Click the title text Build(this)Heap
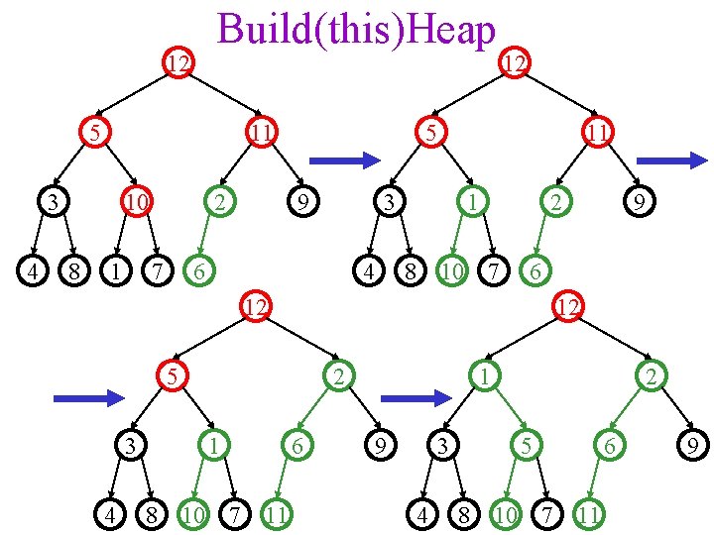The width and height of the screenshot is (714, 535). point(356,29)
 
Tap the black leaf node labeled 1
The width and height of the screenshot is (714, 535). point(116,268)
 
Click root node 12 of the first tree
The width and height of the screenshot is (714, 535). point(178,65)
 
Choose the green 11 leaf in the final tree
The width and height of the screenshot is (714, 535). point(589,513)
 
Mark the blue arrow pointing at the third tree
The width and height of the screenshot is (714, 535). point(88,398)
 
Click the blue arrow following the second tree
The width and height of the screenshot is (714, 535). point(671,160)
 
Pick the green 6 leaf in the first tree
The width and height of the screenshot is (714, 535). point(199,268)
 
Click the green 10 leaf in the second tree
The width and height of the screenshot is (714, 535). point(452,268)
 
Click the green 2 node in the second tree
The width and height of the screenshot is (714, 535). point(557,203)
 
